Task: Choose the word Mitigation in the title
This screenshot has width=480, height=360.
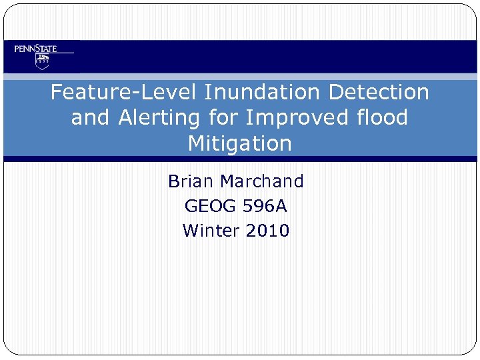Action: (240, 143)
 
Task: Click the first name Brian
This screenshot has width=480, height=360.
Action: (191, 181)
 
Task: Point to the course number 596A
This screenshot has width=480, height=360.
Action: (264, 206)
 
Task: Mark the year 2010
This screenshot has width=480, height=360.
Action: (267, 231)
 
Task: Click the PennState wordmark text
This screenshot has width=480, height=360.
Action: (36, 49)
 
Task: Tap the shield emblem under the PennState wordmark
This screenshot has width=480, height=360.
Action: (43, 62)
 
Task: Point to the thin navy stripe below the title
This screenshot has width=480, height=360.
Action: (240, 159)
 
